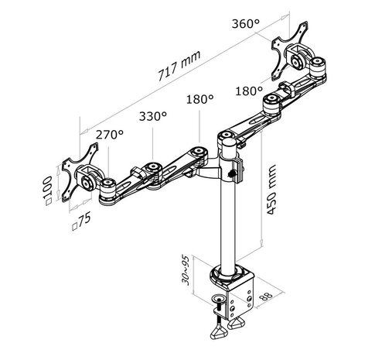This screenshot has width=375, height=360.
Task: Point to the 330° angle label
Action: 153,116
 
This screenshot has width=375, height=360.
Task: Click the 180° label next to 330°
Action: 199,100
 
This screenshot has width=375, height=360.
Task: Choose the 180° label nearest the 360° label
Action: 250,91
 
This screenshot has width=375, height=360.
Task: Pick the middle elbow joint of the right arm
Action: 272,103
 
